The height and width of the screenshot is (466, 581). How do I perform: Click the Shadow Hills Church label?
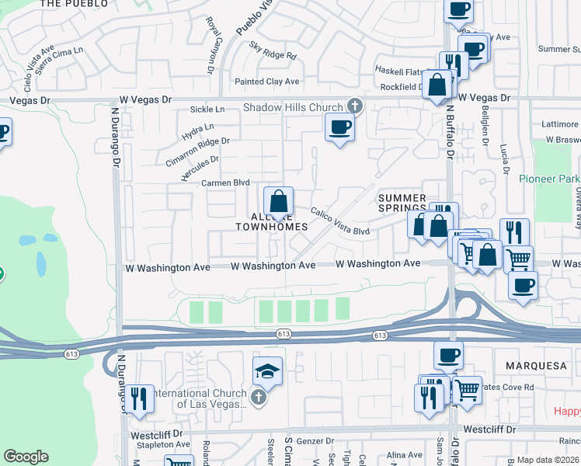pyautogui.click(x=293, y=107)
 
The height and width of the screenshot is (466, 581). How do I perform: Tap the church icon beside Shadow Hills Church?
pyautogui.click(x=355, y=105)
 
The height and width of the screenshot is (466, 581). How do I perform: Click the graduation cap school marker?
pyautogui.click(x=267, y=372)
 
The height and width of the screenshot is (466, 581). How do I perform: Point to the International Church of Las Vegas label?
pyautogui.click(x=200, y=398)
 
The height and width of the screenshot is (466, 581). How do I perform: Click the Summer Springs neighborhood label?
pyautogui.click(x=402, y=203)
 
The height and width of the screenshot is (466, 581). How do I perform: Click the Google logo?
pyautogui.click(x=26, y=457)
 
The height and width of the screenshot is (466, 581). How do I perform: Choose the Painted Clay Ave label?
pyautogui.click(x=267, y=82)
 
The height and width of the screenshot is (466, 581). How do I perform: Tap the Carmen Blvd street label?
pyautogui.click(x=225, y=183)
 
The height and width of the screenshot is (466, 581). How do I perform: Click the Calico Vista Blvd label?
pyautogui.click(x=340, y=221)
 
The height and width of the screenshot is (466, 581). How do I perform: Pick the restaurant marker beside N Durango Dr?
pyautogui.click(x=139, y=399)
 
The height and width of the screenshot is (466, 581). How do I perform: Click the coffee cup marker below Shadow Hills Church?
pyautogui.click(x=339, y=127)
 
